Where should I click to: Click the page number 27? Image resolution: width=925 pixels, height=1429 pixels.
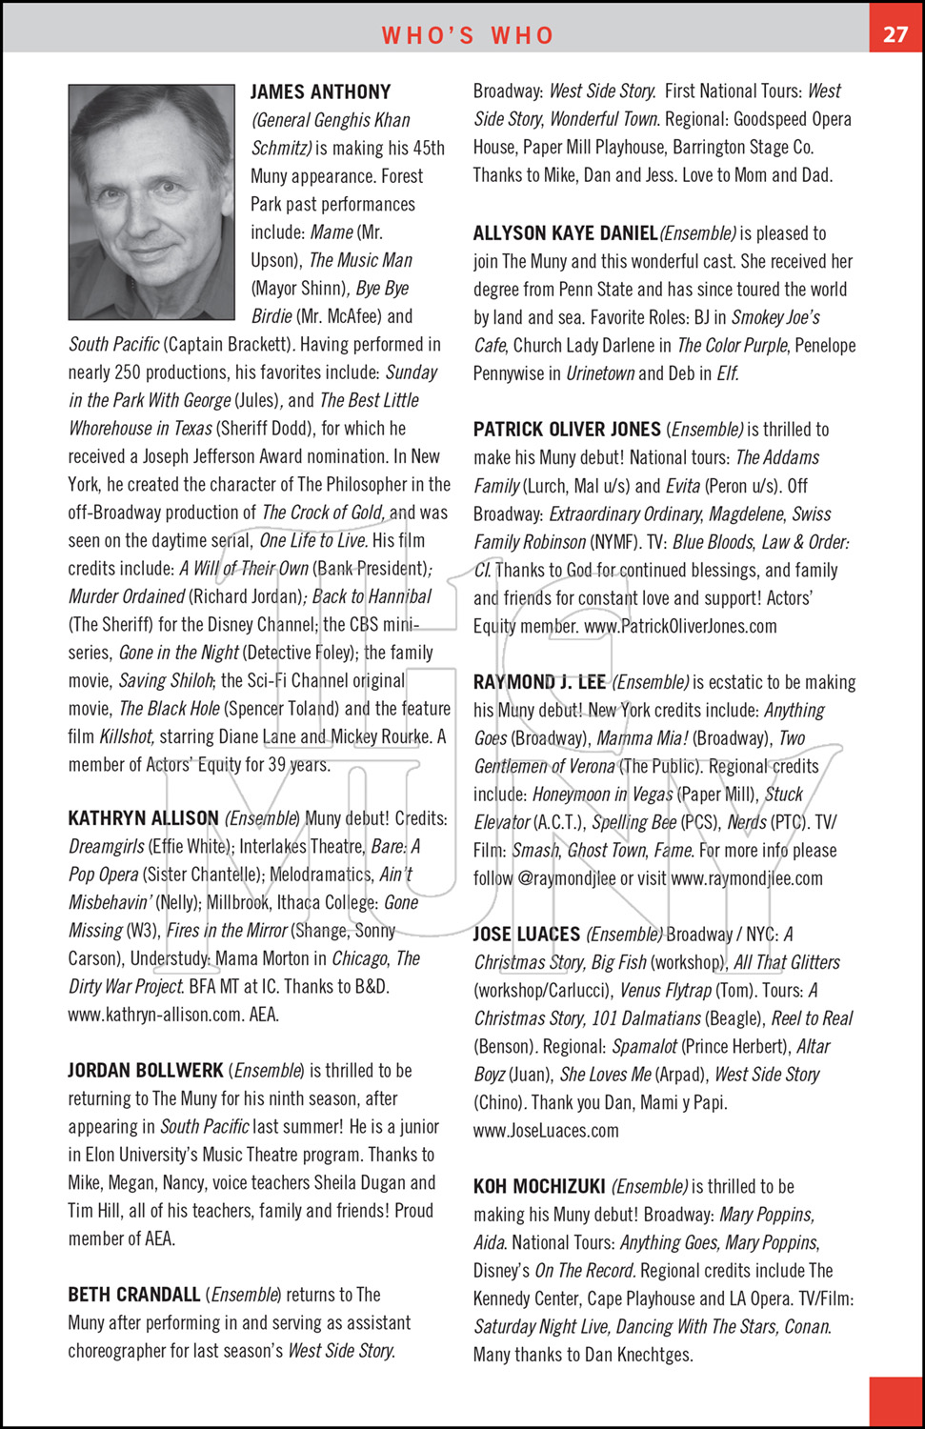coord(895,34)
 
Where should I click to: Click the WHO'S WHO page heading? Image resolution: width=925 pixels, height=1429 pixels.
coord(468,35)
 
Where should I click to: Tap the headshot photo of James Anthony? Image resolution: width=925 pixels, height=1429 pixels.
coord(151,201)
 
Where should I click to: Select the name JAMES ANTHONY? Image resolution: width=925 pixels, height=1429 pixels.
coord(320,92)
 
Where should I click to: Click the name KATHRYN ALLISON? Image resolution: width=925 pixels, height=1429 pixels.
coord(143,818)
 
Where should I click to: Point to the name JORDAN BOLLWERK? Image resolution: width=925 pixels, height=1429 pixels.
coord(145,1070)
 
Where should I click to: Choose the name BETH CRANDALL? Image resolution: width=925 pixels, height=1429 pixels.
coord(133,1295)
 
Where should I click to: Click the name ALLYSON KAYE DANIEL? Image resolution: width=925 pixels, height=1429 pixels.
coord(565,233)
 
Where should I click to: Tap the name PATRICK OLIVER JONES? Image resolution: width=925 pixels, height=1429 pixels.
coord(567,430)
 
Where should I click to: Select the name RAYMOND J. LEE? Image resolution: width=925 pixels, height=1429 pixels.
coord(539,682)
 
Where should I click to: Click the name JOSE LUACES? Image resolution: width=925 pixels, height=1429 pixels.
coord(527,935)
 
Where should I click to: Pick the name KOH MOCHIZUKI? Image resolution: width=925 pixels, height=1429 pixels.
coord(539,1187)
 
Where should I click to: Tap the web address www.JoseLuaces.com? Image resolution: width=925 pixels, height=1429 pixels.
coord(546,1131)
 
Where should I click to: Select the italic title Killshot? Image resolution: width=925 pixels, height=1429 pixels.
coord(127,736)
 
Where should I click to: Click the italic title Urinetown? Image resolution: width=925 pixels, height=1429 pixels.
coord(600,373)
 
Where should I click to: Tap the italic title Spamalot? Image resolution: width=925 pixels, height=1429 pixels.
coord(645,1046)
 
